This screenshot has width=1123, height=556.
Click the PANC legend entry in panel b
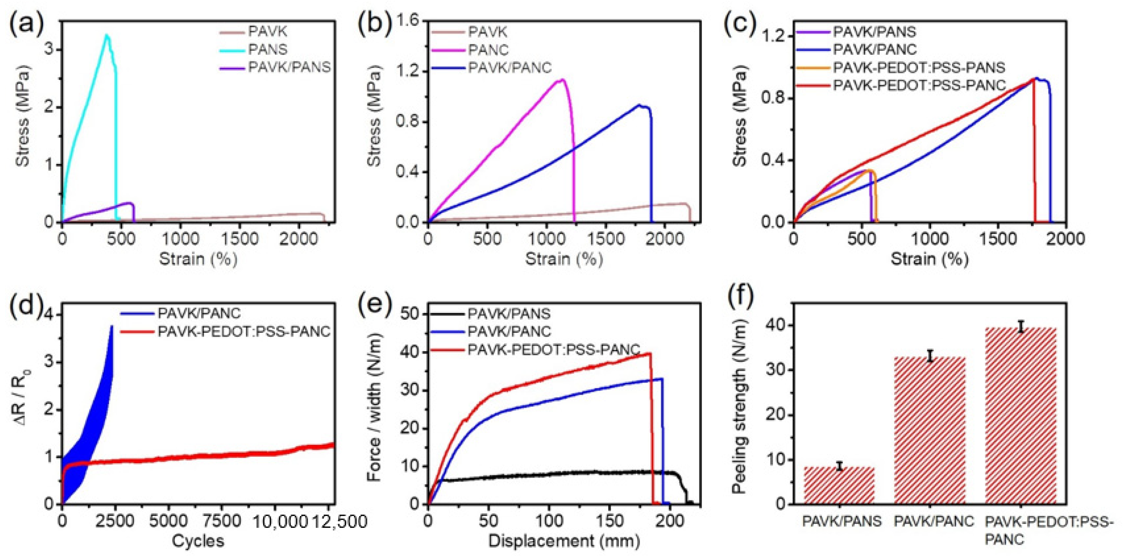tap(488, 50)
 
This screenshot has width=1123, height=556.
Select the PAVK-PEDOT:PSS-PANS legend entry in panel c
tap(919, 68)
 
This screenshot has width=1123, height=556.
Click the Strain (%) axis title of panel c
tap(929, 259)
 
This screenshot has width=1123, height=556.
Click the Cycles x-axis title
tap(198, 541)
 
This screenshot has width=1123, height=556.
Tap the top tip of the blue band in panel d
tap(112, 326)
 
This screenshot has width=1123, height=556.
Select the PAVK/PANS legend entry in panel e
tap(509, 314)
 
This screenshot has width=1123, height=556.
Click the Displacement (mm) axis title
tap(564, 541)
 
